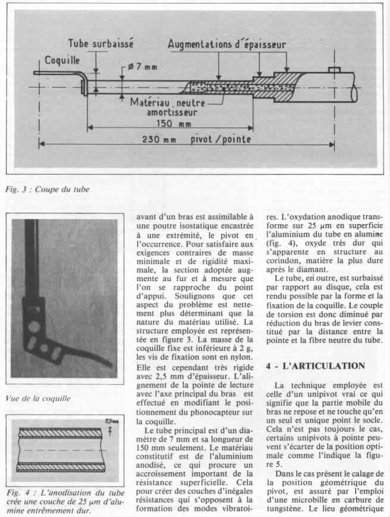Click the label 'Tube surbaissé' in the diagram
click(101, 43)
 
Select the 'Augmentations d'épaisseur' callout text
click(227, 44)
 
